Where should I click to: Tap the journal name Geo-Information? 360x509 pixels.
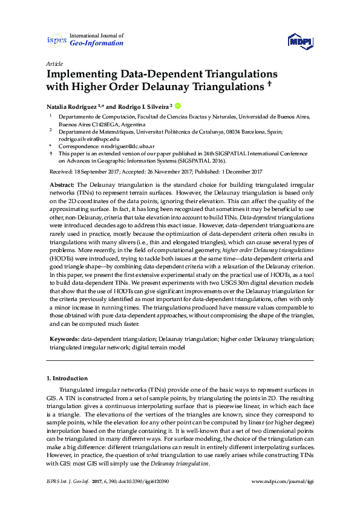click(x=97, y=44)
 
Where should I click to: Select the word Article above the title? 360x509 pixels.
click(x=53, y=63)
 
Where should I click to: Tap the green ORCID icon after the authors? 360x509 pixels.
click(x=179, y=105)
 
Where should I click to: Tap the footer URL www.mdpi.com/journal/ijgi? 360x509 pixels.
click(x=283, y=482)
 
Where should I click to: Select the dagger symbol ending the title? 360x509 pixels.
click(x=268, y=85)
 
